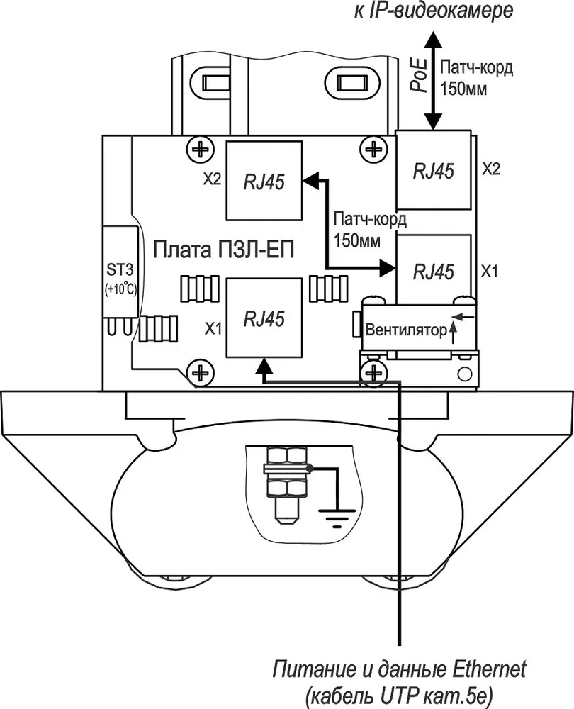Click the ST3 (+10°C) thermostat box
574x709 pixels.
pyautogui.click(x=120, y=272)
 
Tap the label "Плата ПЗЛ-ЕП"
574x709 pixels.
pyautogui.click(x=223, y=250)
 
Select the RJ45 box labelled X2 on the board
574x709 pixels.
pyautogui.click(x=264, y=181)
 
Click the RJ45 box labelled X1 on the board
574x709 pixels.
pyautogui.click(x=264, y=318)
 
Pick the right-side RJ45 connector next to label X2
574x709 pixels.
pyautogui.click(x=433, y=170)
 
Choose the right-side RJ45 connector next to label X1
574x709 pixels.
pyautogui.click(x=433, y=270)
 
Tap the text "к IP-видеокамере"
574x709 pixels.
pyautogui.click(x=433, y=11)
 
